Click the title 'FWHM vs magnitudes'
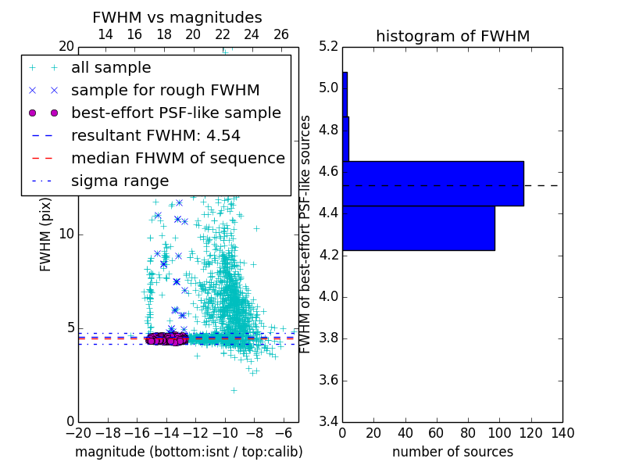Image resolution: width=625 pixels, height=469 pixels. pyautogui.click(x=177, y=17)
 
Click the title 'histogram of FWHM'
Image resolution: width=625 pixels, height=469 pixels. pyautogui.click(x=452, y=36)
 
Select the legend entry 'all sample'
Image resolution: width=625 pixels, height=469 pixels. pyautogui.click(x=111, y=68)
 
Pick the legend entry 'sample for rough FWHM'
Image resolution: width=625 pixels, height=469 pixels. pyautogui.click(x=165, y=90)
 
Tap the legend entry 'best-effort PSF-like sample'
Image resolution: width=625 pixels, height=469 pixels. pyautogui.click(x=176, y=113)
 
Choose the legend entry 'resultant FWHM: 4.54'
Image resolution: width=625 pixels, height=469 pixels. pyautogui.click(x=154, y=135)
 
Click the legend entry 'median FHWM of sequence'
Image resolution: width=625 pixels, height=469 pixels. pyautogui.click(x=177, y=158)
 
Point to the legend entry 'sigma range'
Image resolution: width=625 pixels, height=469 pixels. pyautogui.click(x=120, y=181)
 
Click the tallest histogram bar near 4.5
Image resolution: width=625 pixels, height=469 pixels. pyautogui.click(x=432, y=184)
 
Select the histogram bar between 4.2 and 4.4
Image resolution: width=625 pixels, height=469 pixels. pyautogui.click(x=418, y=228)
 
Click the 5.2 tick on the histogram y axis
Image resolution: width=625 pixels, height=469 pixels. pyautogui.click(x=329, y=46)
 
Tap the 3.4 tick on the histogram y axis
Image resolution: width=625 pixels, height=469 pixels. pyautogui.click(x=329, y=422)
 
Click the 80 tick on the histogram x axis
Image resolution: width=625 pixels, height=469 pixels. pyautogui.click(x=468, y=433)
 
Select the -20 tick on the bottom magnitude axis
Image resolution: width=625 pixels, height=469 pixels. pyautogui.click(x=78, y=433)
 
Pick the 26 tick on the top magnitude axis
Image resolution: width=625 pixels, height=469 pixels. pyautogui.click(x=281, y=35)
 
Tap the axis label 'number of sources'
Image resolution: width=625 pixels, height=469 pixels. pyautogui.click(x=452, y=452)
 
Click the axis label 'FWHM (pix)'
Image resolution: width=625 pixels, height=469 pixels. pyautogui.click(x=46, y=234)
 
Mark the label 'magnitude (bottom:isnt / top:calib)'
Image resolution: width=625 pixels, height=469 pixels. pyautogui.click(x=188, y=452)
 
